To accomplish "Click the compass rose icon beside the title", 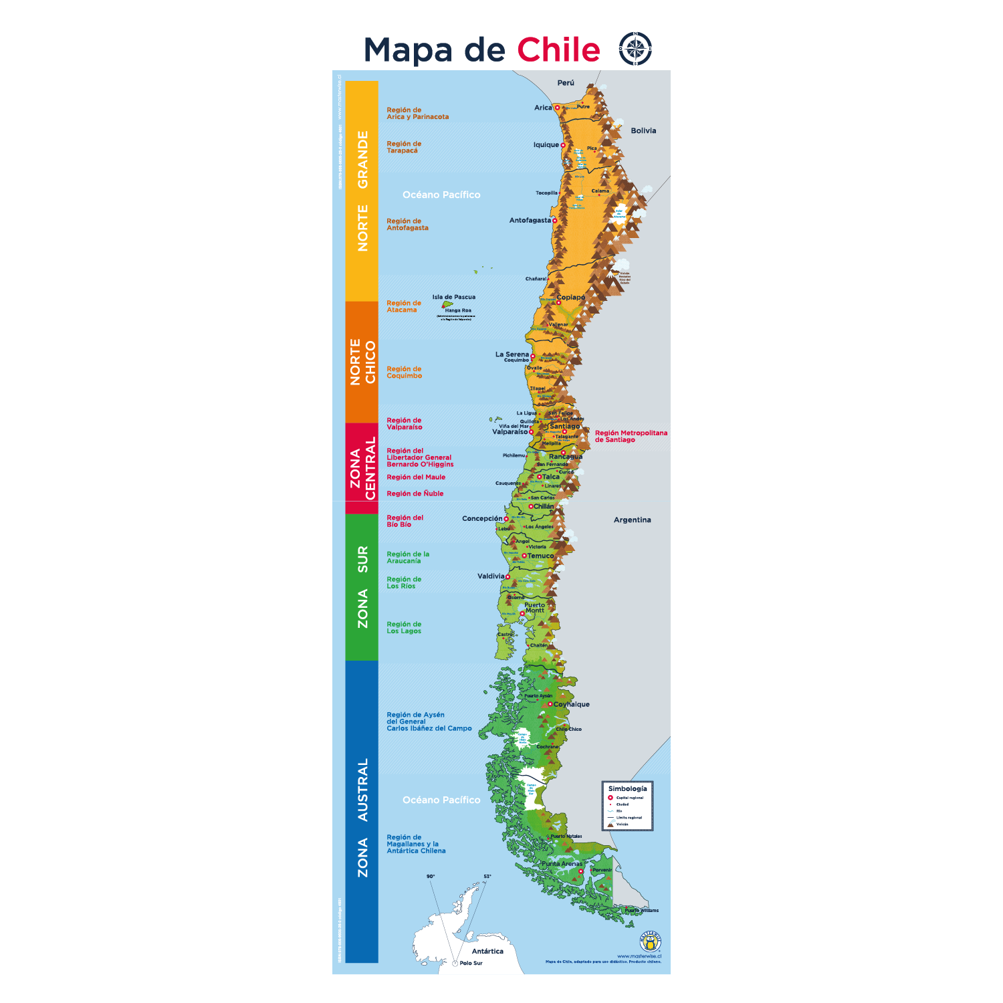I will (635, 49).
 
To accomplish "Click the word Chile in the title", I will (558, 50).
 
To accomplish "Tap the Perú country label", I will (566, 83).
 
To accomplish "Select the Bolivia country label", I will (643, 131).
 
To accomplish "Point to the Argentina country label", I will (632, 520).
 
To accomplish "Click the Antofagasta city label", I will (530, 221).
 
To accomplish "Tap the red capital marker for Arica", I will (557, 108).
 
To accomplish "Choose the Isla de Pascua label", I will (453, 297).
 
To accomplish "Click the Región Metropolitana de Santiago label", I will (631, 436).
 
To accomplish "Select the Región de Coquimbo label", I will (404, 372).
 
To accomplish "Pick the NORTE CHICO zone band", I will (362, 362).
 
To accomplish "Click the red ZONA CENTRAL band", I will (362, 468).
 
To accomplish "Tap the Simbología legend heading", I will (627, 788).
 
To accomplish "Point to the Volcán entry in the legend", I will (622, 824).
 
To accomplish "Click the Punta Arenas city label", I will (562, 864).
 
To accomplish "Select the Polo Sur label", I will (471, 963).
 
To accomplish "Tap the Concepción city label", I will (482, 518).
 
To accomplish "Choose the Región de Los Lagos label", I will (404, 627).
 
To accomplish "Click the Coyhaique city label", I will (572, 704).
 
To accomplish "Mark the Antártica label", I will (487, 951).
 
